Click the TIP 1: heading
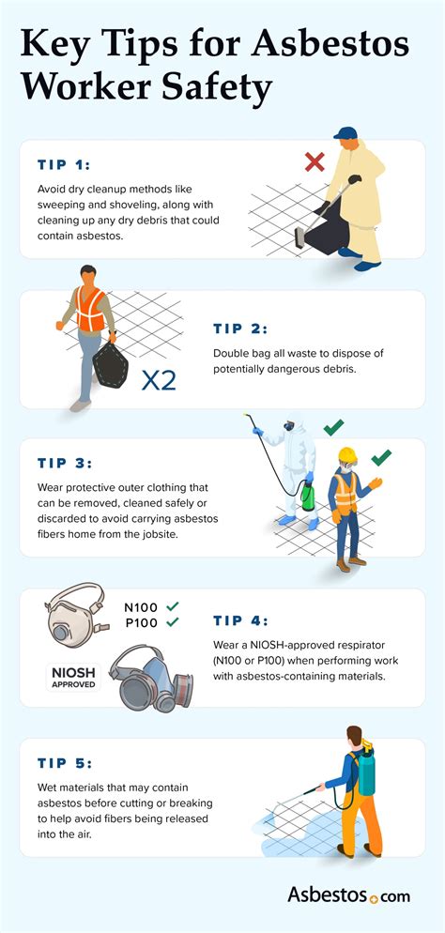point(64,164)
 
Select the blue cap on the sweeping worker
point(345,133)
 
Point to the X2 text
point(158,380)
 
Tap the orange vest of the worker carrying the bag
point(90,310)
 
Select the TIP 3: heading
point(64,464)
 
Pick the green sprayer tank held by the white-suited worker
point(306,497)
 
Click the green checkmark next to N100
point(173,606)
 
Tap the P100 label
point(142,622)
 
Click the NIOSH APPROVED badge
point(72,676)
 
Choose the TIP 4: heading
point(240,620)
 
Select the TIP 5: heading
point(64,762)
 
